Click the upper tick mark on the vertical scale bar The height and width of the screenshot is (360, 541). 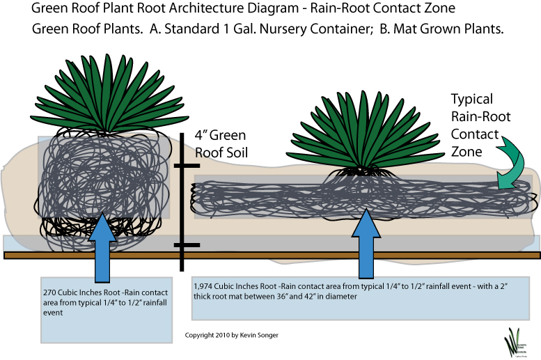[x=187, y=166]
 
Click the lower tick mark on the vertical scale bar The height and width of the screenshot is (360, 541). [x=187, y=245]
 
